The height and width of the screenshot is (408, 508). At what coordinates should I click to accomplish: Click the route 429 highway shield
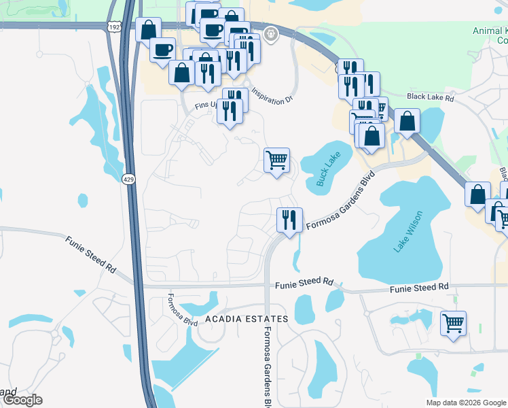(129, 180)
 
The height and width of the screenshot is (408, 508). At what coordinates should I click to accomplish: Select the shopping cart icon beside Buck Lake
(276, 161)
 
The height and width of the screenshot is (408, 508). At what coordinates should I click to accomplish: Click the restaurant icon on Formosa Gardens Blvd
(289, 220)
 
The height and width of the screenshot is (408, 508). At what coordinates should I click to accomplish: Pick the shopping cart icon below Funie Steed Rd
(453, 323)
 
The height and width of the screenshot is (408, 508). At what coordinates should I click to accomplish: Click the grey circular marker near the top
(271, 33)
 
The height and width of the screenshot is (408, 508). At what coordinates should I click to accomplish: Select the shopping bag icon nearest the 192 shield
(148, 30)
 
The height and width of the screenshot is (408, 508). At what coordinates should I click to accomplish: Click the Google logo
(22, 400)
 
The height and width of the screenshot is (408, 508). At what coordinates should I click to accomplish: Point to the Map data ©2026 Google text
(466, 403)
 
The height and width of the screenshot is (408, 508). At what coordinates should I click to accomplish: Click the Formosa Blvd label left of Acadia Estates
(182, 310)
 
